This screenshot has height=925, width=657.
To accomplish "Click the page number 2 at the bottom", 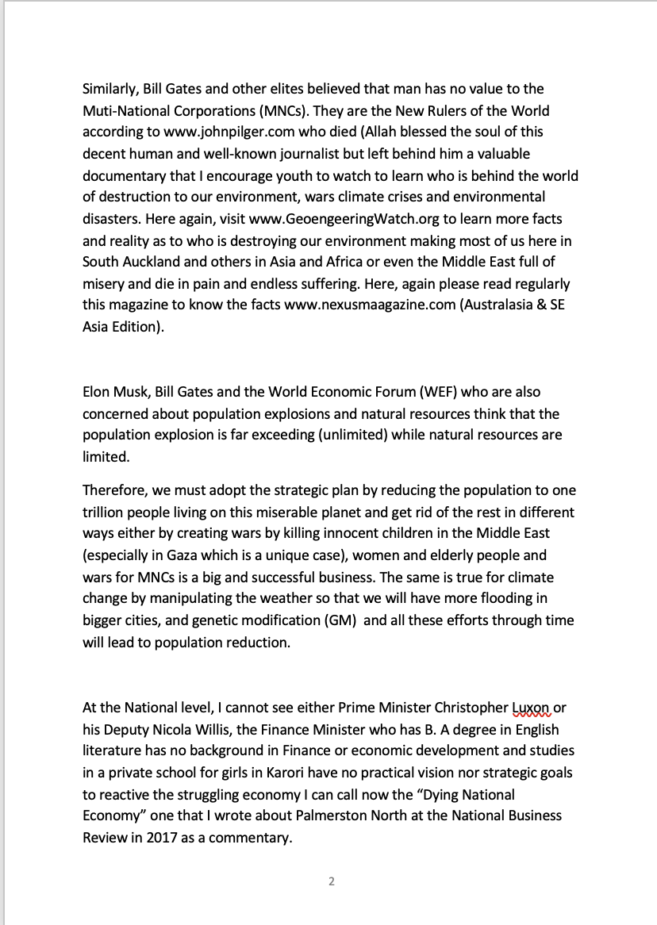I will pos(332,881).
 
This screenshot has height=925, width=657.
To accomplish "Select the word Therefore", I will pos(113,490).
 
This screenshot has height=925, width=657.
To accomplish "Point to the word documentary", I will pos(124,175).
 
